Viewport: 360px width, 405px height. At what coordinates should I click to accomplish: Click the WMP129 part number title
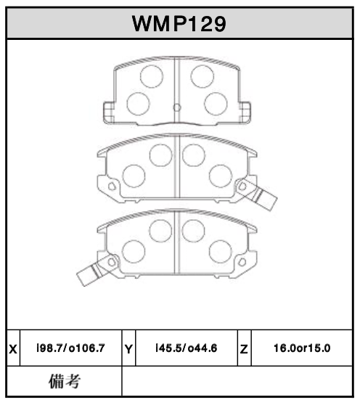coord(179,23)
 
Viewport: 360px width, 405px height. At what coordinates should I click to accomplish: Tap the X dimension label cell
coord(13,349)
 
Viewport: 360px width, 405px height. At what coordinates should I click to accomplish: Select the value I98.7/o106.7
coord(70,349)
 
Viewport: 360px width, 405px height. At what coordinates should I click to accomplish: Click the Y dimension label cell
coord(129,349)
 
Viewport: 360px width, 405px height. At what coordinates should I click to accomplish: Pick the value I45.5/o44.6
coord(187,349)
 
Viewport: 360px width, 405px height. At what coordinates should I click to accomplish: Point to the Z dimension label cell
coord(244,349)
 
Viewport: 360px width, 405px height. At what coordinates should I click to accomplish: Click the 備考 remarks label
coord(64,380)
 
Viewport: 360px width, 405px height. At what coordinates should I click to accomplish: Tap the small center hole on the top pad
coord(177,108)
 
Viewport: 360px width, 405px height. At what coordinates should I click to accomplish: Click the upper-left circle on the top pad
coord(151,76)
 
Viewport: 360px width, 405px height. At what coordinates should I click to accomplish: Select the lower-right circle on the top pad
coord(216,103)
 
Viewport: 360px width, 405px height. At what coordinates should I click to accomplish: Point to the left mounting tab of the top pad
coord(108,112)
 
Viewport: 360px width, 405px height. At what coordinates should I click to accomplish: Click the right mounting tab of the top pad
coord(246,112)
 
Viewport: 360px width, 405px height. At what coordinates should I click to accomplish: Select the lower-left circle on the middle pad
coord(134,176)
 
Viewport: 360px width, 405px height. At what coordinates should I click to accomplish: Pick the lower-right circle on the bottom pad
coord(220,252)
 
